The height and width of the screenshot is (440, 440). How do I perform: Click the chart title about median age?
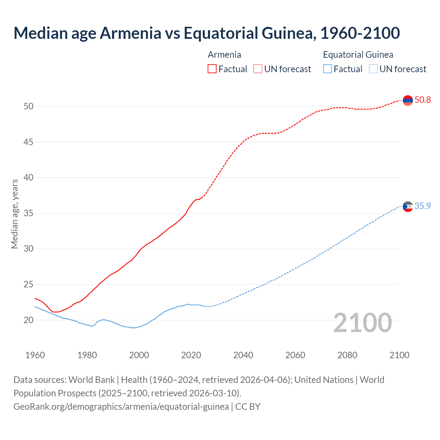pos(207,33)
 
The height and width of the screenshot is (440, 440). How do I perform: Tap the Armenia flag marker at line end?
pos(408,100)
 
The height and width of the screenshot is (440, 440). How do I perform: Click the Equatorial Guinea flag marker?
pos(408,207)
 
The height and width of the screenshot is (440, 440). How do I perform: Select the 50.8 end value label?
pos(422,100)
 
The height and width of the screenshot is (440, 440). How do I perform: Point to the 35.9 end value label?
pos(422,206)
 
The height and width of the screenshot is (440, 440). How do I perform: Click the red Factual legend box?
pos(212,69)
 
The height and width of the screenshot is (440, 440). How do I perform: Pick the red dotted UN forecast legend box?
pos(258,69)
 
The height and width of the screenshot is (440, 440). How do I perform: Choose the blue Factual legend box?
pos(328,69)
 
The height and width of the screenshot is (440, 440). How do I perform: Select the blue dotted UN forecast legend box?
pos(373,69)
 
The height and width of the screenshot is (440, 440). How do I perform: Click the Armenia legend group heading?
pos(224,55)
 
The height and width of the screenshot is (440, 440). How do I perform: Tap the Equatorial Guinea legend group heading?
pos(358,55)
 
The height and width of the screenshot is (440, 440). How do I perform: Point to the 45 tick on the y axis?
pos(29,142)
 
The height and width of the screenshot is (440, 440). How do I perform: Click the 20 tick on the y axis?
pos(29,320)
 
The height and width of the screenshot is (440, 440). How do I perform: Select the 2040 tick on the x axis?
pos(243,355)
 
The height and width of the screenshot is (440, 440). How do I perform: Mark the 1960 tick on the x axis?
pos(35,355)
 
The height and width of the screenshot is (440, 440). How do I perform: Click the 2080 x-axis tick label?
pos(347,355)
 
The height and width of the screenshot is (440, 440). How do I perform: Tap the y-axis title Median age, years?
pos(14,214)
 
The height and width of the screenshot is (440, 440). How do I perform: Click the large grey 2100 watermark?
pos(362,322)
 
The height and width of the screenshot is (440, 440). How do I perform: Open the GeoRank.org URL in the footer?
pos(121,407)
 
